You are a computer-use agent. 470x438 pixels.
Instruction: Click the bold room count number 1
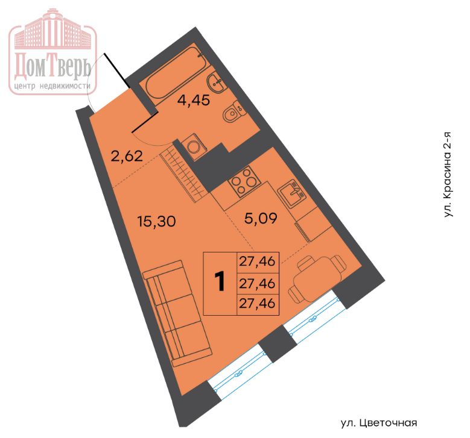pos(221,281)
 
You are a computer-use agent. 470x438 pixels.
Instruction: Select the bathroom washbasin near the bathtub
pos(215,83)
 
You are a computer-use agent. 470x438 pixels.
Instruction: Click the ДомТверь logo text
pos(52,66)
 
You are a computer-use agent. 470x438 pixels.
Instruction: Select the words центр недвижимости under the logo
pos(52,87)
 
